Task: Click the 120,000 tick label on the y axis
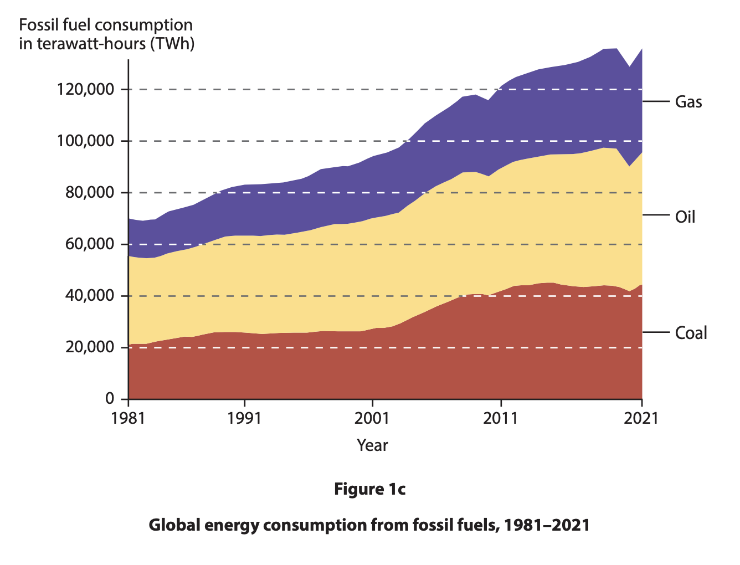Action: tap(85, 89)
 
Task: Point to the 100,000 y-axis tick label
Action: tap(85, 141)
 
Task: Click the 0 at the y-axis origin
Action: tap(109, 399)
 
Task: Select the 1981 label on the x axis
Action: tap(128, 418)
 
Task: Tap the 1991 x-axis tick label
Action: tap(244, 418)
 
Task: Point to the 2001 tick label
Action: tap(372, 418)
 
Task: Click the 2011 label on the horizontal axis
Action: tap(501, 418)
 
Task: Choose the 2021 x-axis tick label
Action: tap(641, 418)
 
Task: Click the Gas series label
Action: tap(688, 102)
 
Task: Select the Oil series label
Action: tap(685, 217)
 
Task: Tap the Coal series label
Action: tap(691, 333)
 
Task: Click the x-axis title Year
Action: tap(372, 445)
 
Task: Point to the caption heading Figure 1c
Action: tap(369, 489)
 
